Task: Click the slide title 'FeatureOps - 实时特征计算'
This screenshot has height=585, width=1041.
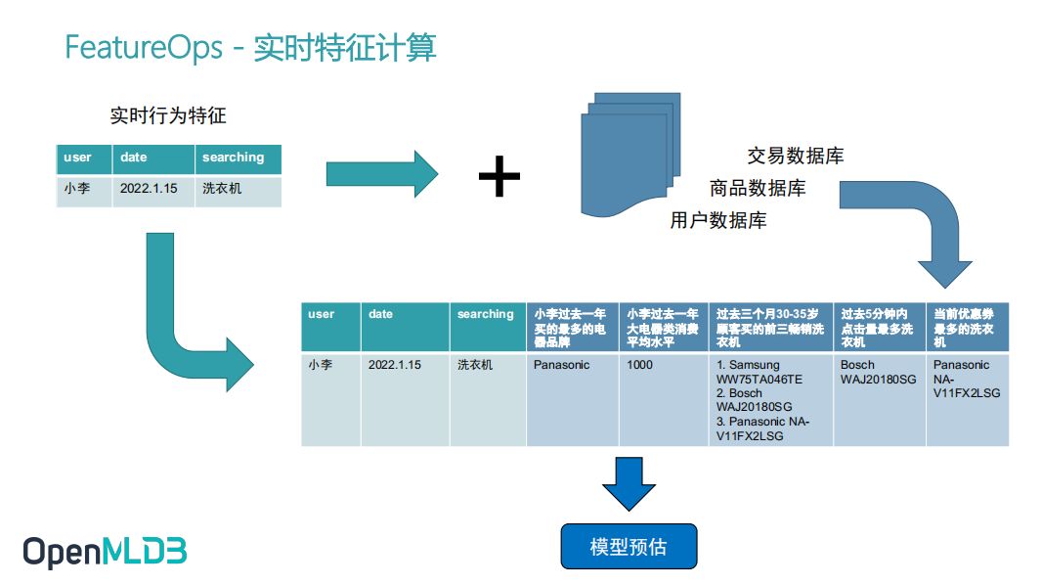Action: [250, 48]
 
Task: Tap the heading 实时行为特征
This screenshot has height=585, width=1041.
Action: [168, 116]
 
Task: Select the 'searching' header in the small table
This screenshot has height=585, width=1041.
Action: [233, 157]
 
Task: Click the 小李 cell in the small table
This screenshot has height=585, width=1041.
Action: [77, 189]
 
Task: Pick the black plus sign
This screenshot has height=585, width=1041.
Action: [499, 177]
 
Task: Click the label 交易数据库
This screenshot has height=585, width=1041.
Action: [796, 156]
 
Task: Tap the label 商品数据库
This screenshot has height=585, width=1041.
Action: [758, 188]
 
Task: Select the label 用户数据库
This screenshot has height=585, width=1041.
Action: [718, 220]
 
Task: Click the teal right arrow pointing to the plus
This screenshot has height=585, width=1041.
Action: [382, 174]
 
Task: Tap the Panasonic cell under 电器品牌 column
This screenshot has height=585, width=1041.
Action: [562, 365]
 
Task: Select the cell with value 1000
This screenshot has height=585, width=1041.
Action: [640, 365]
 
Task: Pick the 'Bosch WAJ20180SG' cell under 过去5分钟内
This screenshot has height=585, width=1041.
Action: [878, 372]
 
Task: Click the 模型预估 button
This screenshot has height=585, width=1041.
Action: [629, 546]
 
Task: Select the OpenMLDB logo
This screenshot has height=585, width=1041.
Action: [105, 552]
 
